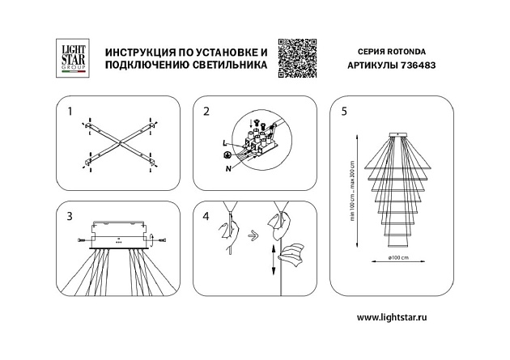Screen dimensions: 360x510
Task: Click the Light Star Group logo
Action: pyautogui.click(x=70, y=58)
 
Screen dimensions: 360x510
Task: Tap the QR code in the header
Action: pyautogui.click(x=295, y=58)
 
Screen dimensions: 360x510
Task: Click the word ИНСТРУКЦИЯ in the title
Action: pyautogui.click(x=130, y=51)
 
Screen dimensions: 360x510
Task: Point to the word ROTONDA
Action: pyautogui.click(x=410, y=50)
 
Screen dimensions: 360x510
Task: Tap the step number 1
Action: pyautogui.click(x=70, y=110)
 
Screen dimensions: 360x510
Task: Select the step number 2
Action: pyautogui.click(x=206, y=110)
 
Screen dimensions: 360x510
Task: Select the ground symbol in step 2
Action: pyautogui.click(x=227, y=154)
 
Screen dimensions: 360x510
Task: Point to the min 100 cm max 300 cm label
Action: pyautogui.click(x=353, y=189)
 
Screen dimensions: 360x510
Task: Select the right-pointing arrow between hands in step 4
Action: pyautogui.click(x=253, y=235)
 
